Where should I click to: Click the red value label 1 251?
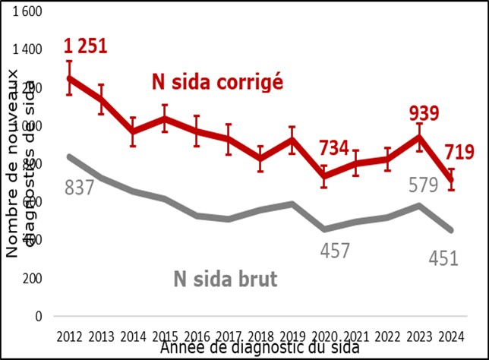point(85,46)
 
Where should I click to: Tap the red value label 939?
point(424,114)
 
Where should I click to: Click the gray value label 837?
point(78,187)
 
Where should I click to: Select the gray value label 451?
point(443,258)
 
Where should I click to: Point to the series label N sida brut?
point(219,278)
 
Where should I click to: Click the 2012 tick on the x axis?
point(70,336)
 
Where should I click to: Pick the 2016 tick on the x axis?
point(197,336)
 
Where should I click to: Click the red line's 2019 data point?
point(292,140)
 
